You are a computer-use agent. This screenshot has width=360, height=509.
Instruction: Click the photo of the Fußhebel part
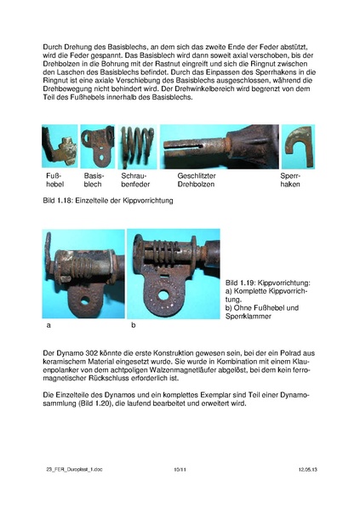click(58, 146)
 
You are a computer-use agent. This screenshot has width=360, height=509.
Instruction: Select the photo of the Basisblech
click(96, 146)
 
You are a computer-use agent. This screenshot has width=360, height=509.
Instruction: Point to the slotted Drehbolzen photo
click(219, 146)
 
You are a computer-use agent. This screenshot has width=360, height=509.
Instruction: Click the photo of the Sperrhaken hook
click(297, 146)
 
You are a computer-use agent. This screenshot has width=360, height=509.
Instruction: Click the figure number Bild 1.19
click(243, 282)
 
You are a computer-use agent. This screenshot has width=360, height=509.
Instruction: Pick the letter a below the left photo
click(46, 325)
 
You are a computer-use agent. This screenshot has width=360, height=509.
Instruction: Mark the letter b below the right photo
click(134, 325)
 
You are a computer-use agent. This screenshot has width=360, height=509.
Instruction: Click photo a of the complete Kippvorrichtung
click(83, 273)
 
